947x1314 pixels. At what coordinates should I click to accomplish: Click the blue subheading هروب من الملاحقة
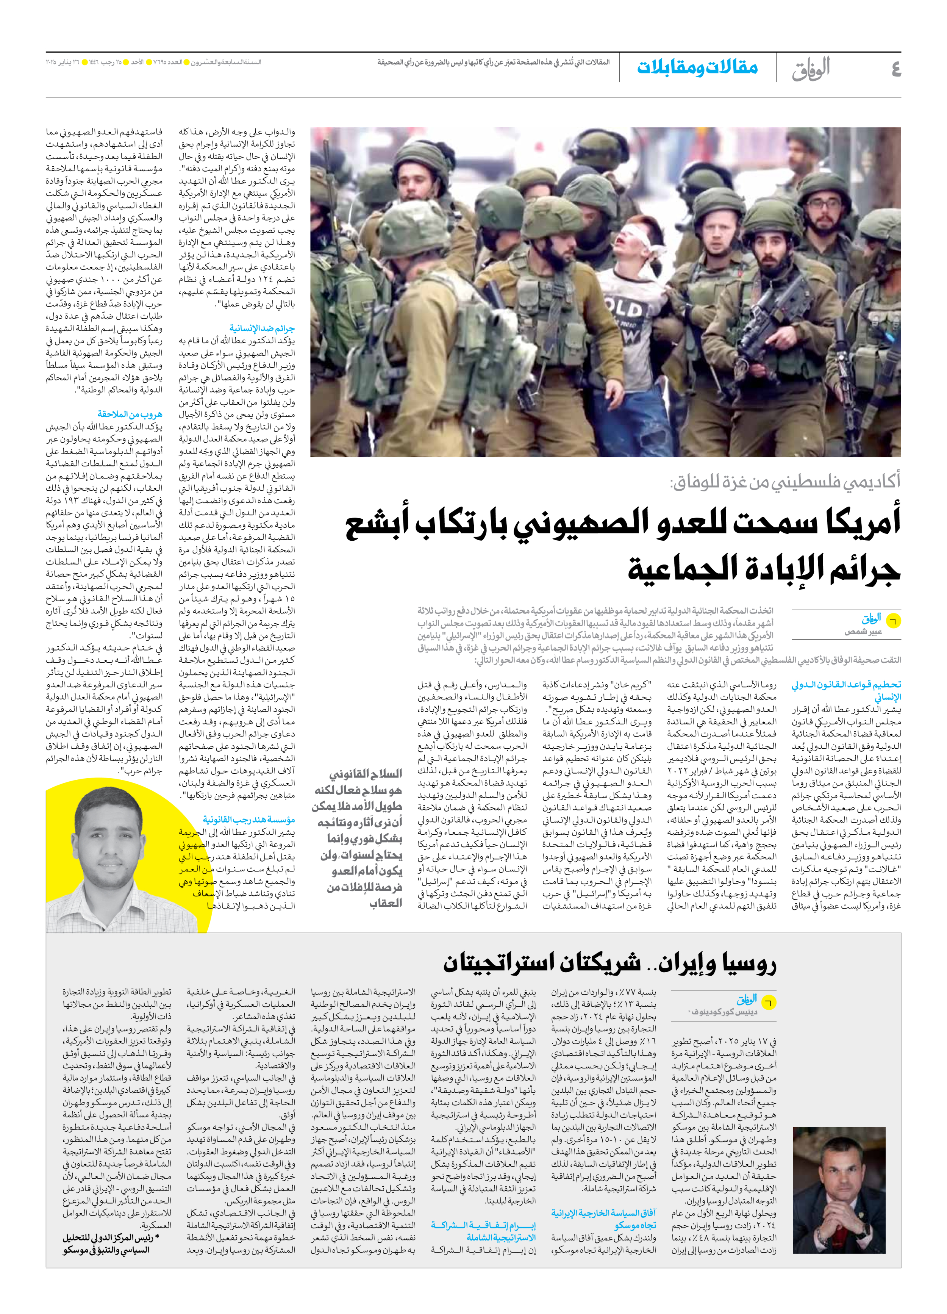pyautogui.click(x=130, y=414)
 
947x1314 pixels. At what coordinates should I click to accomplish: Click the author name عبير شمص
pyautogui.click(x=863, y=632)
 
